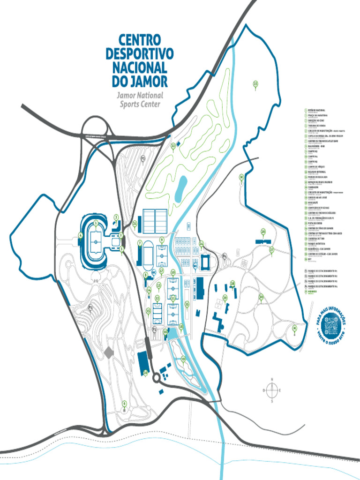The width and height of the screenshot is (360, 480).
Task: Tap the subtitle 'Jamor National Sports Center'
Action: click(140, 99)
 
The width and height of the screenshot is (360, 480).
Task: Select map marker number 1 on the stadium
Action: click(96, 223)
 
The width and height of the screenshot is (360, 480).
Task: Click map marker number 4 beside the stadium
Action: click(81, 235)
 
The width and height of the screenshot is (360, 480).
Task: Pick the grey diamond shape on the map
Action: click(109, 352)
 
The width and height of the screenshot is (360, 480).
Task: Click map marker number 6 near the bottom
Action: click(124, 403)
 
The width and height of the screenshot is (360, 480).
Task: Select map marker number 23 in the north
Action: click(255, 84)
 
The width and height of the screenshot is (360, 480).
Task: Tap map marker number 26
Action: click(263, 232)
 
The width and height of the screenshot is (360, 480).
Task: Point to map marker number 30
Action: click(261, 297)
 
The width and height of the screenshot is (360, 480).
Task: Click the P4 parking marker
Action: click(225, 256)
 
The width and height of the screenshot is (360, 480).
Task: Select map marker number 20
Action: click(145, 373)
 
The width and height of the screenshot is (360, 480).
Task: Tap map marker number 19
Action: click(183, 359)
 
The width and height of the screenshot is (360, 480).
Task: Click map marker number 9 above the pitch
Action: click(162, 240)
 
